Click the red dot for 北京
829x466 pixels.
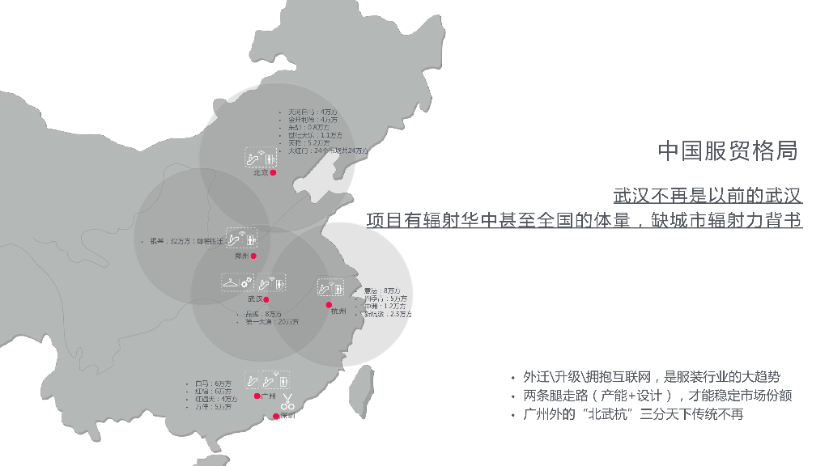[x=274, y=172]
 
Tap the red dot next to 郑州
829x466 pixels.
[x=253, y=256]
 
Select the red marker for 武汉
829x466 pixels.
[x=266, y=299]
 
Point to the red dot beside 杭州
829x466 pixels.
[x=329, y=305]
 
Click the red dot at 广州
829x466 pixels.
[x=257, y=396]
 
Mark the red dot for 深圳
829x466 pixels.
[x=276, y=416]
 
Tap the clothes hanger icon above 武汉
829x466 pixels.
[x=230, y=282]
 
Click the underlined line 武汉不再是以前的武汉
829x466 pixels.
[x=708, y=196]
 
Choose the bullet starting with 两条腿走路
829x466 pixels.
[x=657, y=396]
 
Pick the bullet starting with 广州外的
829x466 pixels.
[x=633, y=414]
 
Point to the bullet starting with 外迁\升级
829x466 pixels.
[x=652, y=377]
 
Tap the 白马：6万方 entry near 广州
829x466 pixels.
[x=213, y=383]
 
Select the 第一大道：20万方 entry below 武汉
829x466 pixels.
[x=272, y=322]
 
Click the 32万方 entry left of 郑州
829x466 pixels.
[x=186, y=241]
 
